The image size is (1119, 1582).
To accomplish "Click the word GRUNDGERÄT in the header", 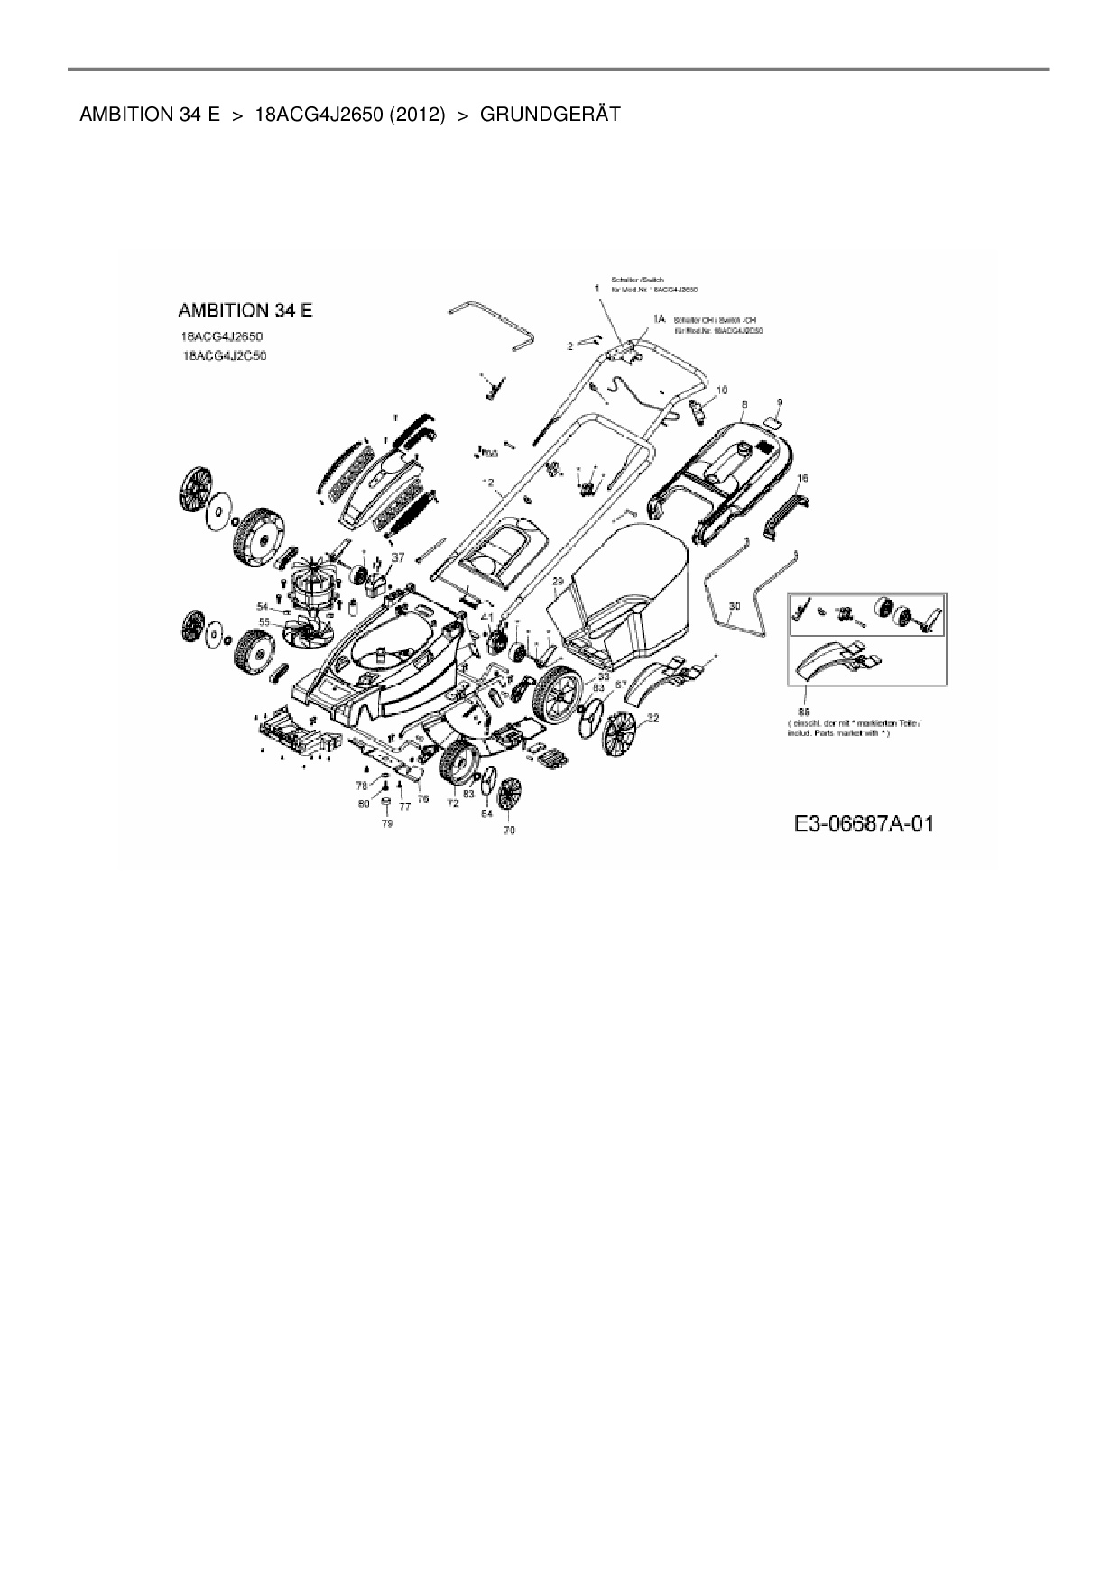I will click(550, 115).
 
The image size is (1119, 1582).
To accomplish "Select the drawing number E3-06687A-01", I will click(864, 824).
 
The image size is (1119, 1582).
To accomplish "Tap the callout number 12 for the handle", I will click(488, 483).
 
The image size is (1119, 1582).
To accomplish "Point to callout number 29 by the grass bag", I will click(558, 580).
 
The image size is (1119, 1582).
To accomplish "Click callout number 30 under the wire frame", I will click(735, 607).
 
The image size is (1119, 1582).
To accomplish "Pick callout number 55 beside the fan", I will click(264, 621).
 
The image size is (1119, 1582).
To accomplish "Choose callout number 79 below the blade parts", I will click(387, 823).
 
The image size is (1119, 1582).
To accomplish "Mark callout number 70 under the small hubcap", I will click(509, 830).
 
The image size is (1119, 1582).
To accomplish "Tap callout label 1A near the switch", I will click(658, 319).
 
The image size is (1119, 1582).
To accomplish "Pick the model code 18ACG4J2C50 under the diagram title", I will click(224, 355).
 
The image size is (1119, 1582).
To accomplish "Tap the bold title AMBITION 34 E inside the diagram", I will click(245, 310).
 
